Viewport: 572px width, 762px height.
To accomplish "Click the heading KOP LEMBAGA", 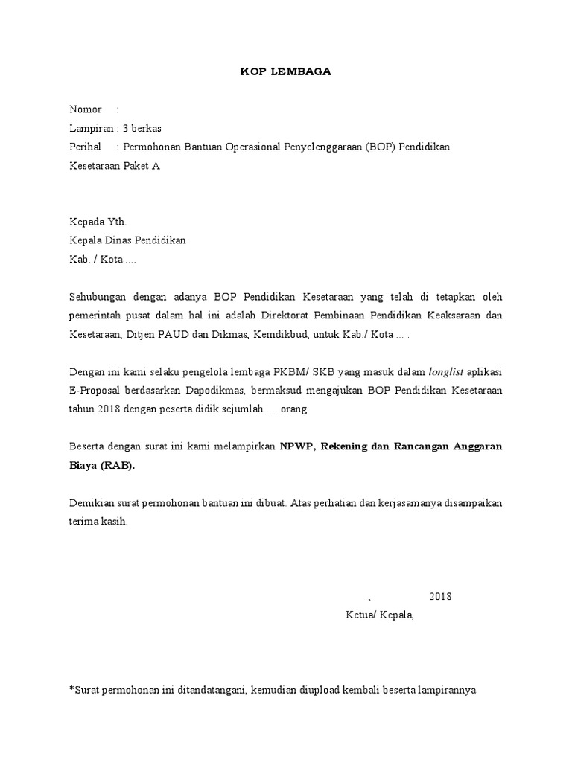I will tap(285, 71).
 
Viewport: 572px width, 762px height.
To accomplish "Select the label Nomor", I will tap(86, 109).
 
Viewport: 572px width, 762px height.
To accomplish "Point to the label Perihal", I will tap(85, 147).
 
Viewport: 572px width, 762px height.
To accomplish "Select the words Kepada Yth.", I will tap(98, 222).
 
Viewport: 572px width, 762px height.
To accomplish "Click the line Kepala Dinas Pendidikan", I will tap(127, 240).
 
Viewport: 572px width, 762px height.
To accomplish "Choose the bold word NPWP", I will tap(296, 446).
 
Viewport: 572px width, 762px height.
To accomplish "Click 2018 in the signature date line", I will tap(440, 596).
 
